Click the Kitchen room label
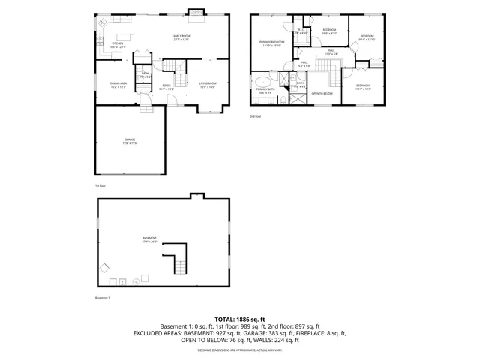pos(116,45)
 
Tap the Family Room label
pos(181,37)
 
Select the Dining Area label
pos(118,84)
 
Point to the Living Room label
pos(208,84)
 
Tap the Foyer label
pos(166,87)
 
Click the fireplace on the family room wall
pos(195,12)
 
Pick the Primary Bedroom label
pos(271,43)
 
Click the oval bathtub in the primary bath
pos(262,80)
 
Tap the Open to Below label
pos(322,93)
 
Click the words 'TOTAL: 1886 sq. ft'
pos(239,319)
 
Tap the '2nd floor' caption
pos(255,117)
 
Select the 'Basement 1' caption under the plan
pos(103,298)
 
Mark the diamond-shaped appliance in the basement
pos(106,267)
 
